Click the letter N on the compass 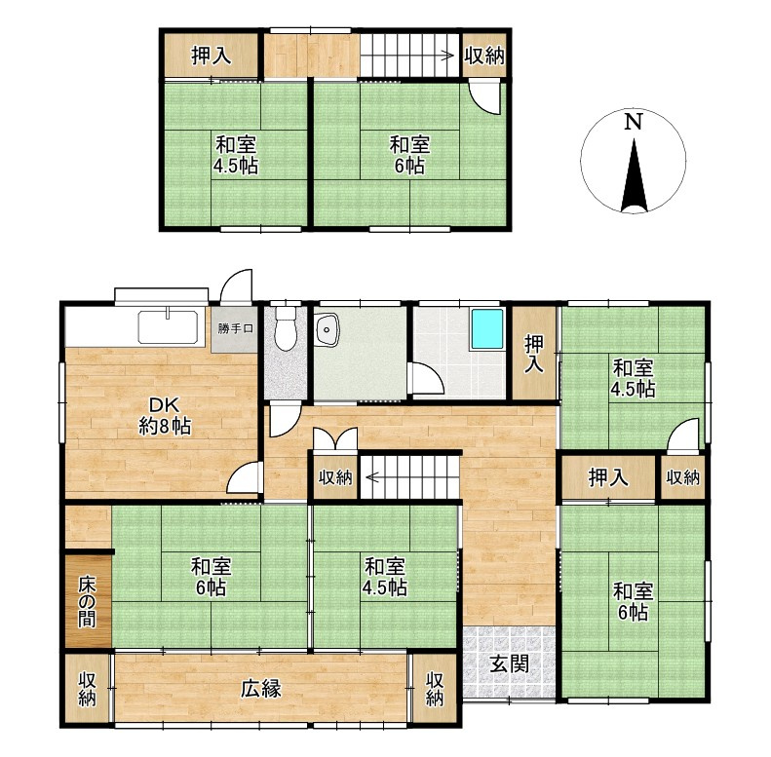tap(634, 122)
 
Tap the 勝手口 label tap(235, 328)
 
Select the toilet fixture tap(285, 328)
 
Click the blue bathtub tap(487, 329)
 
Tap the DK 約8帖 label tap(164, 416)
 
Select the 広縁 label tap(260, 689)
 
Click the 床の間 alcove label tap(87, 602)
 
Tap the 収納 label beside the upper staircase tap(484, 56)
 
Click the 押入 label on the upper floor tap(211, 56)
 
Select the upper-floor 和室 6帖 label tap(409, 155)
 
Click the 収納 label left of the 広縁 tap(87, 689)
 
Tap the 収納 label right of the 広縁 tap(435, 689)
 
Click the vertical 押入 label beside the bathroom tap(534, 354)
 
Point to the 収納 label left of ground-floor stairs tap(335, 476)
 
